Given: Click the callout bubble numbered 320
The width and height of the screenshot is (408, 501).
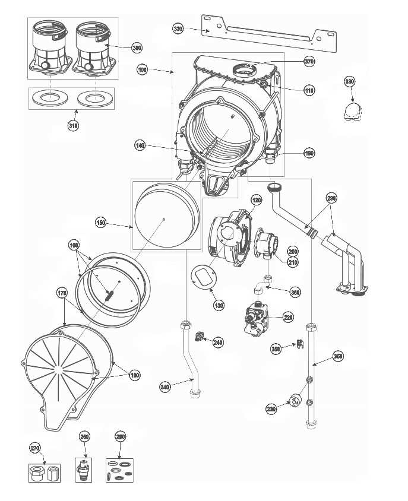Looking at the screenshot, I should (178, 28).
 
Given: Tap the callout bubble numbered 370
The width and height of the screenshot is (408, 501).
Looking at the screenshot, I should (309, 61).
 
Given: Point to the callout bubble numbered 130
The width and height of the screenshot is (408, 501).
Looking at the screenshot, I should (219, 305).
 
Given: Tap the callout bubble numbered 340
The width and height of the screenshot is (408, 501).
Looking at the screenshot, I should (166, 387).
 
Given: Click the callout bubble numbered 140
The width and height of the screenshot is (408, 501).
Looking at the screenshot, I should (140, 145).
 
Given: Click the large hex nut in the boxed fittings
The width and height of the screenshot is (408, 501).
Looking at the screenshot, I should (35, 473).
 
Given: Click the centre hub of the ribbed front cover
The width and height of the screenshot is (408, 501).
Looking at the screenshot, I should (59, 369).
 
